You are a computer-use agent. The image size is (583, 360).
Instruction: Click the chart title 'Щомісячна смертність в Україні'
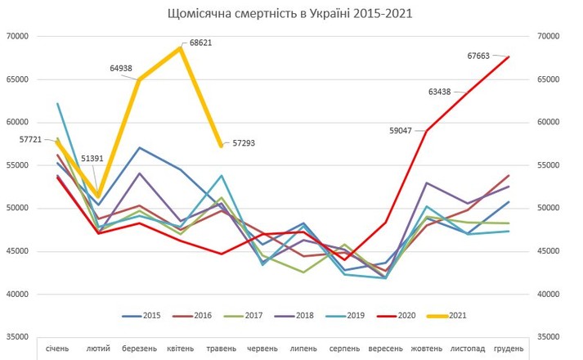[289, 13]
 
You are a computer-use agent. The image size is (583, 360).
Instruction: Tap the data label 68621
[200, 42]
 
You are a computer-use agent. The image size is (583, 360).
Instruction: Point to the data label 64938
[123, 69]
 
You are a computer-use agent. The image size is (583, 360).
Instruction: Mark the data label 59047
[405, 129]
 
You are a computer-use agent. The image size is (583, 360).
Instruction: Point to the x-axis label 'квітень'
[180, 349]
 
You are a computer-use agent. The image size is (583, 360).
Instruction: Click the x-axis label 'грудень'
[509, 349]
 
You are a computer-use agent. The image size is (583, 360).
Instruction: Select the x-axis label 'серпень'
[344, 349]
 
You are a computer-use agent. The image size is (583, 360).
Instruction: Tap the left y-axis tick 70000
[16, 36]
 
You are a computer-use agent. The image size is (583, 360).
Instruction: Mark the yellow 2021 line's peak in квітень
[180, 47]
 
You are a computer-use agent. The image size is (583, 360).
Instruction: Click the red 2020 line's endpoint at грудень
[509, 56]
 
